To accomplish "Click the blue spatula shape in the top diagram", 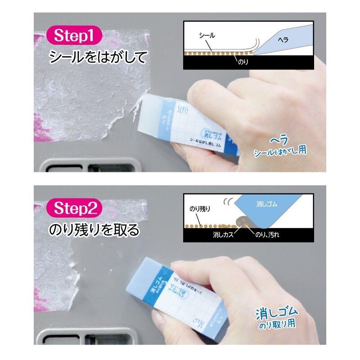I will click(288, 40).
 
